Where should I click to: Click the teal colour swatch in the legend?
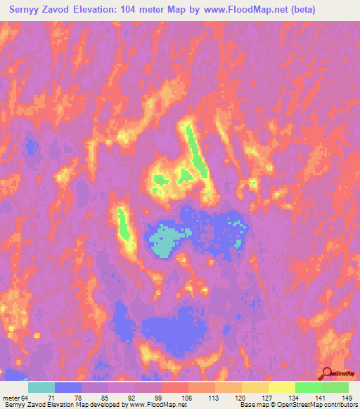click(x=41, y=388)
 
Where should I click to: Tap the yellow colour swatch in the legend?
click(x=282, y=388)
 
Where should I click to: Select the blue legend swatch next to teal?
click(x=68, y=388)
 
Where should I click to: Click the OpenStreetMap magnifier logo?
click(x=328, y=375)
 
